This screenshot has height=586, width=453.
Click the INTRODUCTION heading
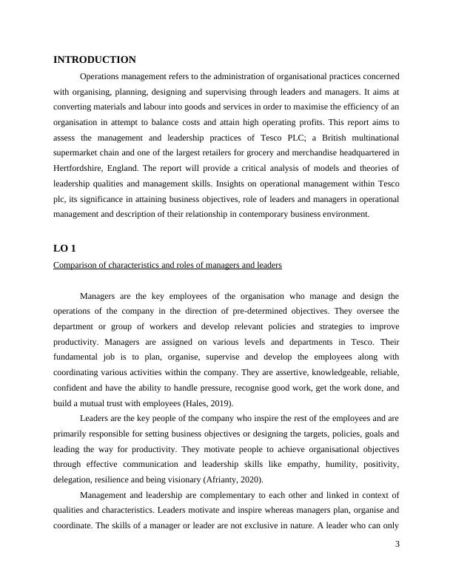click(95, 60)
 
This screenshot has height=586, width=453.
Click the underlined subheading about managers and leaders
click(167, 265)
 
